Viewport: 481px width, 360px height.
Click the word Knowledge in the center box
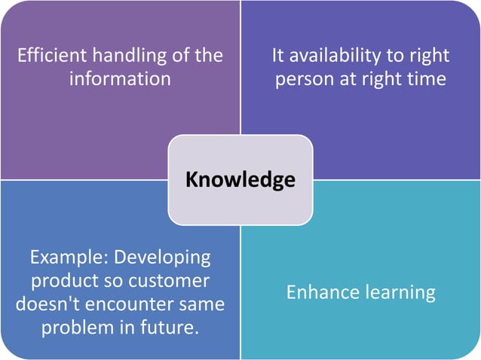240,180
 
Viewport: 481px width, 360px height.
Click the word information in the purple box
121,78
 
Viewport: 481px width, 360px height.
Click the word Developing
163,257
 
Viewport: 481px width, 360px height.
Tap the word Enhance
320,291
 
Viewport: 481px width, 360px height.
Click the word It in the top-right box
279,55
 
